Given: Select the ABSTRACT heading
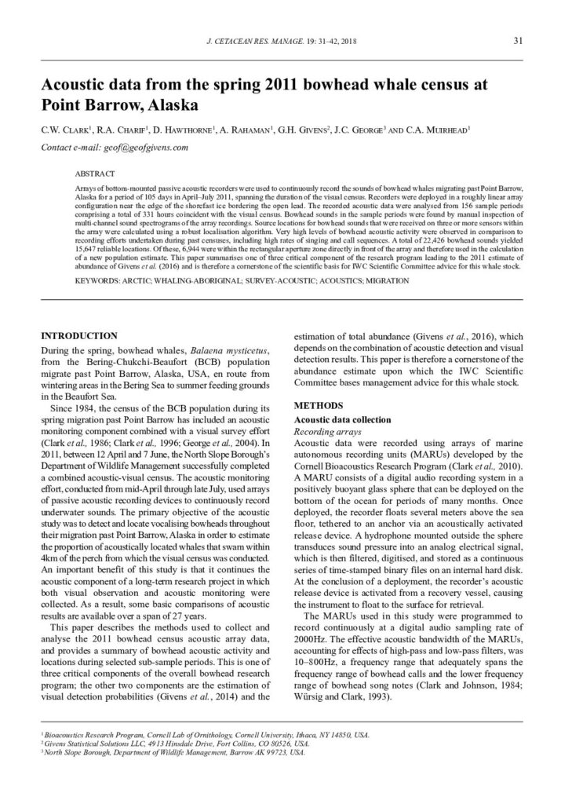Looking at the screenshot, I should point(94,173).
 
